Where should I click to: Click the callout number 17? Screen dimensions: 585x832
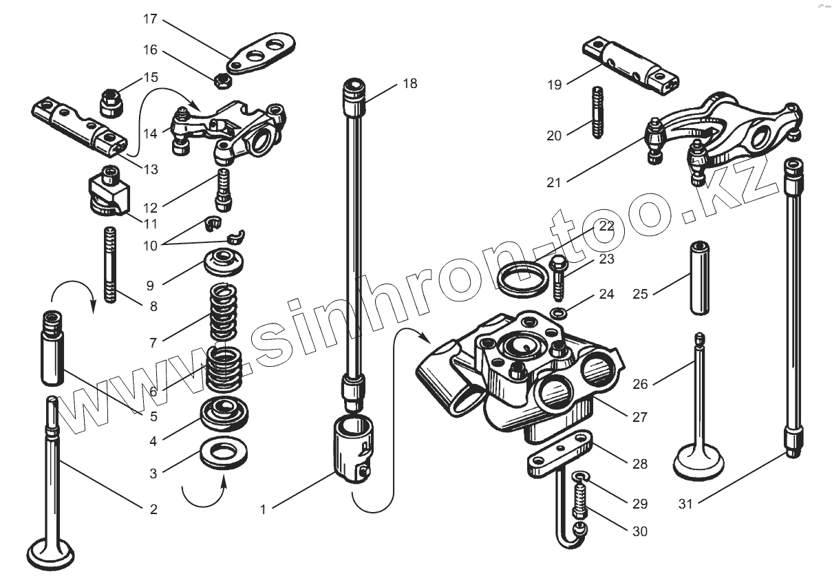tap(151, 19)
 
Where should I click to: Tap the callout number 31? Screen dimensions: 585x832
tap(685, 504)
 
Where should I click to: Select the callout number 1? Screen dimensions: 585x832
tap(262, 509)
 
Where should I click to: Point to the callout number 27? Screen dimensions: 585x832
tap(640, 416)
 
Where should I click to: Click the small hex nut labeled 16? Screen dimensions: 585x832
tap(222, 80)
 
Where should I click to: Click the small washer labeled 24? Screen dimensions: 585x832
tap(562, 314)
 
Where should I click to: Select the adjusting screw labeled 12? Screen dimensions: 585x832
tap(224, 189)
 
